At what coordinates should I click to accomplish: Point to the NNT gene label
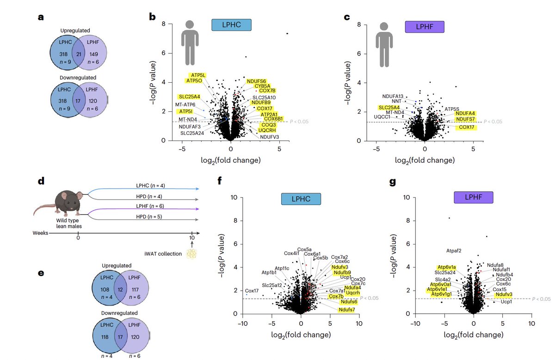pyautogui.click(x=397, y=101)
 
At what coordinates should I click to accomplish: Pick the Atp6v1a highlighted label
pyautogui.click(x=447, y=268)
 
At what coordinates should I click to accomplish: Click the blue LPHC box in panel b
pyautogui.click(x=231, y=25)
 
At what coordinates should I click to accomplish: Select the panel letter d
pyautogui.click(x=41, y=182)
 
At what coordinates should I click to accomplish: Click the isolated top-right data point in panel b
pyautogui.click(x=287, y=33)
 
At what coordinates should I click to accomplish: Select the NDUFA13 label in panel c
pyautogui.click(x=393, y=96)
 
